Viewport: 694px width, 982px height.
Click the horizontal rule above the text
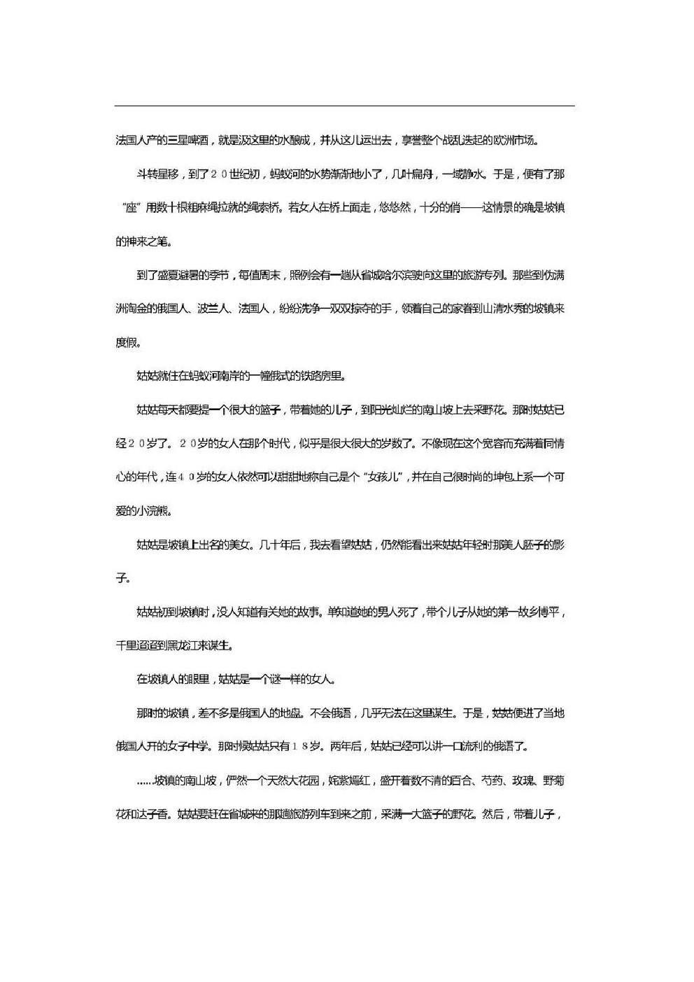344,106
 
